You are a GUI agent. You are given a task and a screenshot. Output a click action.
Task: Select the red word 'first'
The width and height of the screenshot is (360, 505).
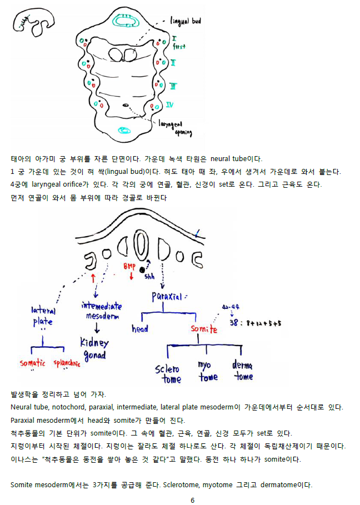[x=179, y=47]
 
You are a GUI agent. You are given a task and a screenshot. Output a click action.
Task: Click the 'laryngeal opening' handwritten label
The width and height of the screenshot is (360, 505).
[x=176, y=128]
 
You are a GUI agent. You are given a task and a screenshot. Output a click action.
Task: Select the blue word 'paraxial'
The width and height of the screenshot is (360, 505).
[x=167, y=297]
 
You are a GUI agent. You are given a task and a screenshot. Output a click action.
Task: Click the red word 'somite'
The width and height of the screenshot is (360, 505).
[x=204, y=329]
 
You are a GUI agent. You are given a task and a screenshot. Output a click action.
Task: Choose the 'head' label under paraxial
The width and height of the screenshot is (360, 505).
[x=140, y=329]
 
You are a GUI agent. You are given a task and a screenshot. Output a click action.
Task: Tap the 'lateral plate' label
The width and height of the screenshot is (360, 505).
[x=43, y=316]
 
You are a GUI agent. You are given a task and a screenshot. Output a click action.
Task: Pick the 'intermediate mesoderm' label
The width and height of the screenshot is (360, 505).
[x=102, y=311]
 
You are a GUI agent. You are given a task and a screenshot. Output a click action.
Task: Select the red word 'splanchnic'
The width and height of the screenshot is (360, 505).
[x=67, y=364]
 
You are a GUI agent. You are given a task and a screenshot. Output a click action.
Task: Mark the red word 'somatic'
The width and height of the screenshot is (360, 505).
[x=32, y=363]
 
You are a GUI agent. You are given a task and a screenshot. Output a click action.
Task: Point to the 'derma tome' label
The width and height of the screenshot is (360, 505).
[x=243, y=371]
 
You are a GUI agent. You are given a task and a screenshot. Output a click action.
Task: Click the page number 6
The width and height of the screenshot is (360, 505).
[x=192, y=500]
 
